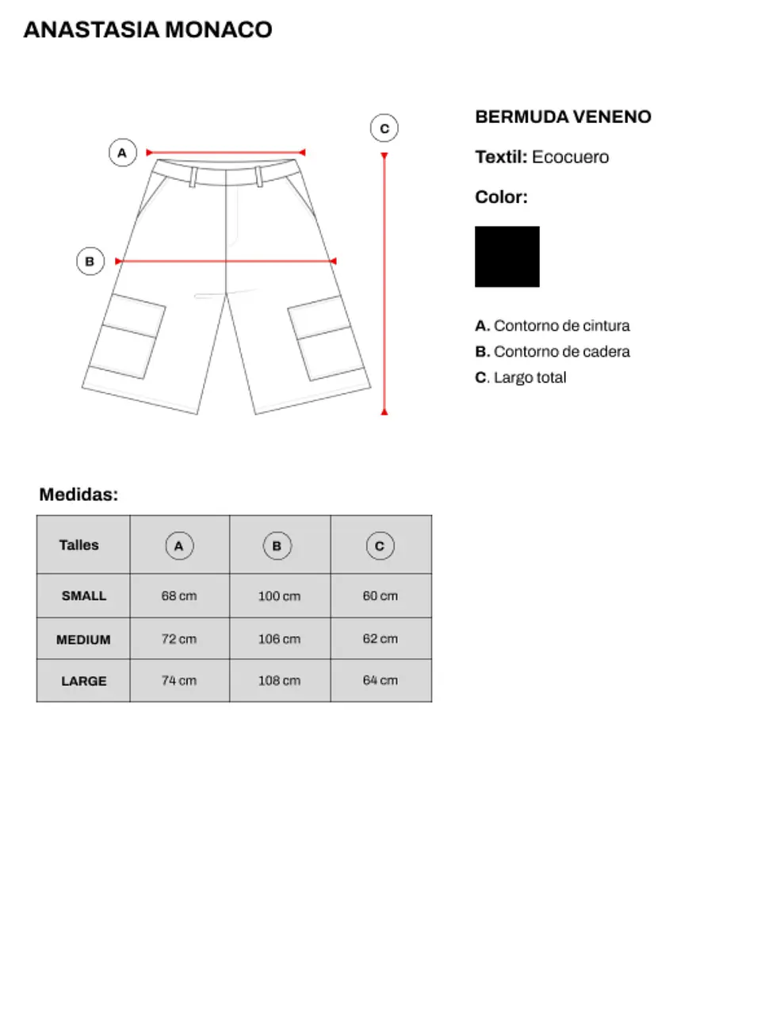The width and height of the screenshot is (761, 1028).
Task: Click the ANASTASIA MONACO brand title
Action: coord(147,29)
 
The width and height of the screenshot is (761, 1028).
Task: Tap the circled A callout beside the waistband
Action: coord(122,152)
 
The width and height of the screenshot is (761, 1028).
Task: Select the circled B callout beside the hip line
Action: coord(90,261)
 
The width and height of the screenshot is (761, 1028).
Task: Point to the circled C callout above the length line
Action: coord(384,128)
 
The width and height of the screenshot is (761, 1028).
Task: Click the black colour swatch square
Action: coord(507,257)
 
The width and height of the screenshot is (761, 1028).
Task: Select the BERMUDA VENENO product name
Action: coord(563,117)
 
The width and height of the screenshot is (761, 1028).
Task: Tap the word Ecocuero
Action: coord(570,157)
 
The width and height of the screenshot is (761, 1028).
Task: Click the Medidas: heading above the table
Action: coord(78,495)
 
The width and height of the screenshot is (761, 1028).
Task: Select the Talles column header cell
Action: coord(79,545)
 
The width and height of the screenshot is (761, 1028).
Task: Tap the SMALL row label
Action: coord(83,595)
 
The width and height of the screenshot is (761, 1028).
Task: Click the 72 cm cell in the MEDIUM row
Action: coord(179,639)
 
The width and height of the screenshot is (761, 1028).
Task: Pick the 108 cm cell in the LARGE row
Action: coord(279,680)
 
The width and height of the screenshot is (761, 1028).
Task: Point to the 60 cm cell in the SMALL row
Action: coord(380,595)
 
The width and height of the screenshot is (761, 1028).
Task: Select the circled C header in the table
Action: coord(380,545)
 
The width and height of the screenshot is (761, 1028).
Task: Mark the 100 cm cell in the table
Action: coord(279,596)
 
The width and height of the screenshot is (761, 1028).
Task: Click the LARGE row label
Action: coord(83,681)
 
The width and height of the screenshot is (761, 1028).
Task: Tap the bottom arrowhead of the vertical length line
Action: coord(384,411)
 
